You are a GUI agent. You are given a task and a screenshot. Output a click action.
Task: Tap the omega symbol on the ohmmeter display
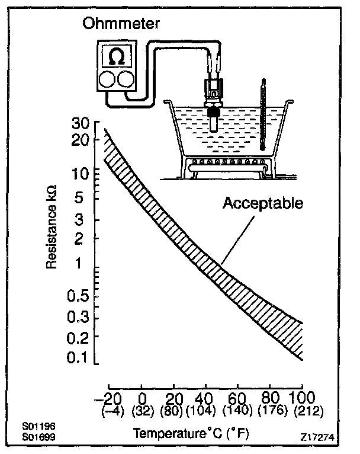[x=116, y=57]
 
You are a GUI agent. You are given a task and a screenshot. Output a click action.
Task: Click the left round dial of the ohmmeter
[x=107, y=79]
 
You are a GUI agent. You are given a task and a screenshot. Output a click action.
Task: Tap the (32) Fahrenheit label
[x=143, y=409]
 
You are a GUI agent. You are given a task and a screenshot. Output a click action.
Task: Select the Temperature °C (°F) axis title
[x=190, y=433]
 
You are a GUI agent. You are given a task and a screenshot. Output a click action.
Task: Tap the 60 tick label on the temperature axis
[x=237, y=397]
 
